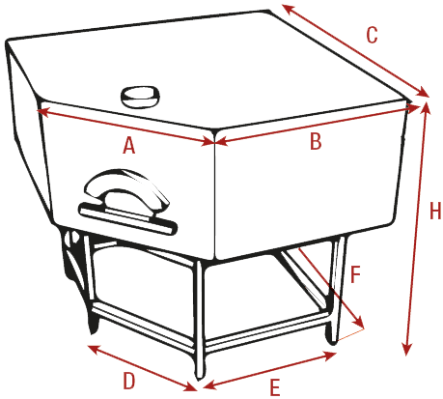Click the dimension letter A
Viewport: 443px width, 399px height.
129,145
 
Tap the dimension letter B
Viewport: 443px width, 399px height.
316,141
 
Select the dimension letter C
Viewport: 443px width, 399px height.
372,35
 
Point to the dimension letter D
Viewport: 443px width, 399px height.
129,381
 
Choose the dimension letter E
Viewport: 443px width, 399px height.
275,387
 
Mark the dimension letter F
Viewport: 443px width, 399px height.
355,274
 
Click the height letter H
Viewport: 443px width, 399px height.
435,212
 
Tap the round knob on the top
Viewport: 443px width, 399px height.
140,96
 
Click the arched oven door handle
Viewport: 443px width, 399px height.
127,188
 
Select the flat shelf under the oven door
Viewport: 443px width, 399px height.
128,218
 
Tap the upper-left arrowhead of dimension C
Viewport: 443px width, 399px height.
288,9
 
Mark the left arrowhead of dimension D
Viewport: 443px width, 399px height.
93,349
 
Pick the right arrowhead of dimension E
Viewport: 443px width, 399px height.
331,356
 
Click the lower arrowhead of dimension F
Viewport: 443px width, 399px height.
359,322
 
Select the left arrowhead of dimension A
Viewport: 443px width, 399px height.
42,112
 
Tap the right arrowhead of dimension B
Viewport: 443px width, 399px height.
414,107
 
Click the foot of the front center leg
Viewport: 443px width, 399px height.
200,372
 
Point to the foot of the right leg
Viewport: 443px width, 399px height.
332,338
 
